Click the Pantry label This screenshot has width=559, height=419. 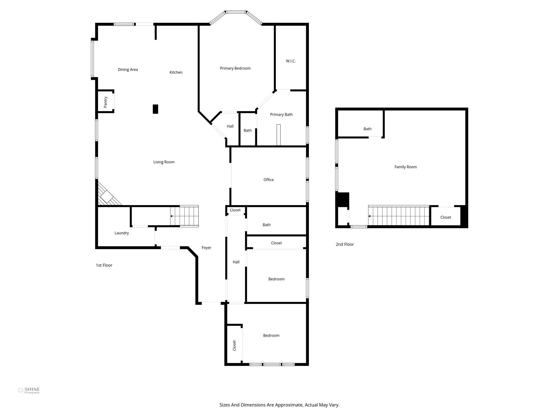pos(106,102)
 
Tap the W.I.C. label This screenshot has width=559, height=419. pos(291,61)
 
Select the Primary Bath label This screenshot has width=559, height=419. pos(281,115)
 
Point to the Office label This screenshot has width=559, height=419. pos(268,180)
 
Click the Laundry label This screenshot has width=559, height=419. pos(121,233)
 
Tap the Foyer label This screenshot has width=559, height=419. pos(206,248)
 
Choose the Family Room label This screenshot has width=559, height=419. pos(405,167)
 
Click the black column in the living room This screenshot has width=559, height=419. pos(155,109)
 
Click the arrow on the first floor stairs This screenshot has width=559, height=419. pos(171,216)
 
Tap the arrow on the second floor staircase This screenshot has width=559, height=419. pos(370,216)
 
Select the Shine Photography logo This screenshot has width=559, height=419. pos(29,390)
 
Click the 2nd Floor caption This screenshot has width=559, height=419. pos(344,244)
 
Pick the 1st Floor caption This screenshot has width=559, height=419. pos(104,265)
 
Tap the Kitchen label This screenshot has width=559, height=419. pos(176,72)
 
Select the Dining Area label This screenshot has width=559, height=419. pos(128,70)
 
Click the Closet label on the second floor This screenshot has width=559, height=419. pos(445,217)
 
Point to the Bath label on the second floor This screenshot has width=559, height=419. pos(367,129)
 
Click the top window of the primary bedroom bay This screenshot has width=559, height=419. pos(236,12)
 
